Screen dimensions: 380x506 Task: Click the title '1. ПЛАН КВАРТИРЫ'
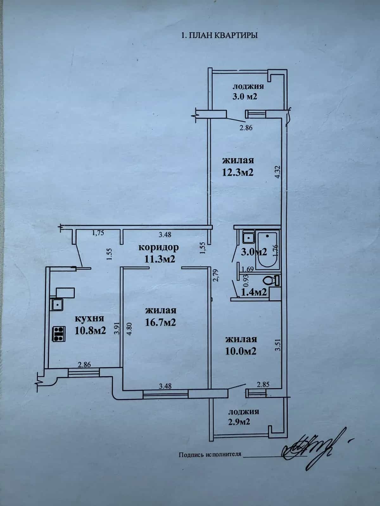(x=219, y=35)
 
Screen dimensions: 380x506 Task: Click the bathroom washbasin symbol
(x=248, y=236)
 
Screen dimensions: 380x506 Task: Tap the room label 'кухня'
(x=90, y=319)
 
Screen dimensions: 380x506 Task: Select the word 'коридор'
(x=159, y=247)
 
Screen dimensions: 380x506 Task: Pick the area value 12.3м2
(x=238, y=172)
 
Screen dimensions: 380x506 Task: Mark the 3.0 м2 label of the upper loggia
(x=244, y=96)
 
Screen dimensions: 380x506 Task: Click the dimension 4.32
(x=278, y=171)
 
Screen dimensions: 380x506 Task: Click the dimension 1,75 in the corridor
(x=98, y=233)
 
